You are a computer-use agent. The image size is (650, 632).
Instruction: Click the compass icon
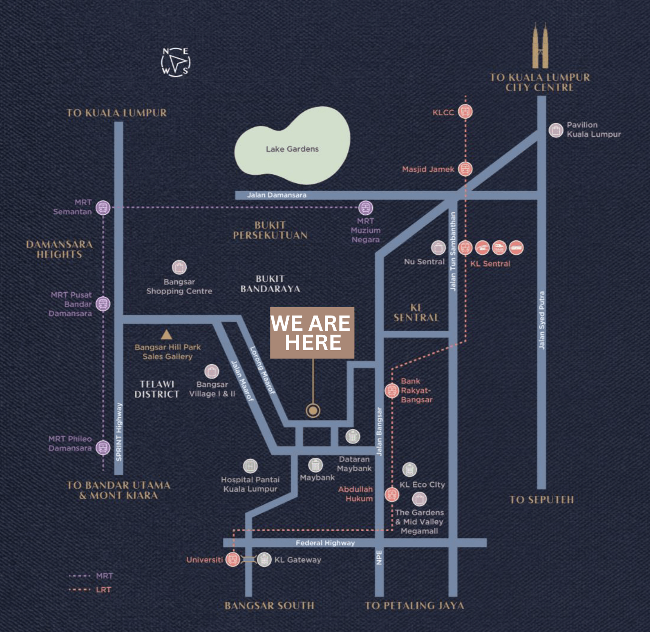[175, 62]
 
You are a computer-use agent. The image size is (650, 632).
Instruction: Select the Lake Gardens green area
[292, 146]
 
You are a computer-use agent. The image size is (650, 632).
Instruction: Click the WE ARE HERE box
[312, 333]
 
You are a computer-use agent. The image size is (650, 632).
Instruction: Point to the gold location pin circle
[313, 410]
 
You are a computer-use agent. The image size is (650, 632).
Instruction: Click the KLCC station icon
[466, 112]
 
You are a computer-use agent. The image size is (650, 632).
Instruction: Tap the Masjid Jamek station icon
[466, 169]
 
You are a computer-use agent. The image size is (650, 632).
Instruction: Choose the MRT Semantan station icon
[103, 208]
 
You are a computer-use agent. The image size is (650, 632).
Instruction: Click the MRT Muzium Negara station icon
[366, 208]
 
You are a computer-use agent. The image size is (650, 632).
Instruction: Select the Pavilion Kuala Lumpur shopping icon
[556, 130]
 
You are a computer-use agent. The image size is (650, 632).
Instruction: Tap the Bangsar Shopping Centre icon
[179, 268]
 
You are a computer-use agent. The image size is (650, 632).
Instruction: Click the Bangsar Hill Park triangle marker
[167, 334]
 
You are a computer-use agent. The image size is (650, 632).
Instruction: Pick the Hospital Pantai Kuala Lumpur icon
[250, 466]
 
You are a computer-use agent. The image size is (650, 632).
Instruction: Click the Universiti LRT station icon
[233, 559]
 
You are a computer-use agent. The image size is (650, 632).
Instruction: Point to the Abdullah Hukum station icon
[392, 495]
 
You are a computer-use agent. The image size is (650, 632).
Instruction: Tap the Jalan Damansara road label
[277, 195]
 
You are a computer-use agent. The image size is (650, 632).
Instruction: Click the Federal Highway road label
[325, 543]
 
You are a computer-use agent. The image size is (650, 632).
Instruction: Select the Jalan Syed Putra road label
[542, 320]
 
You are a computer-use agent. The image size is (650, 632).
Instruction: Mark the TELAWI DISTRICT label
[157, 389]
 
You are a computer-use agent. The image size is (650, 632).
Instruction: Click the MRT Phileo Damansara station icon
[103, 447]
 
